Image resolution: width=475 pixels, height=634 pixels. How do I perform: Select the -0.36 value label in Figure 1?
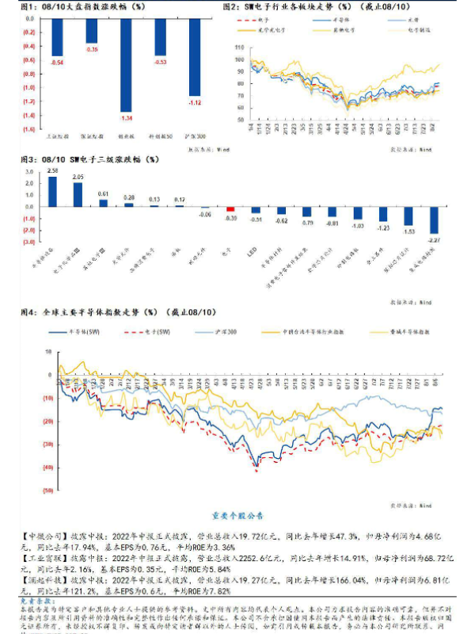click(x=92, y=50)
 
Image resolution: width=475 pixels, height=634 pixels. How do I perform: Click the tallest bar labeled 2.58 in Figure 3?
click(x=53, y=191)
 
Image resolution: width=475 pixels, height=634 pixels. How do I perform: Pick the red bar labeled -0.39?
click(x=230, y=209)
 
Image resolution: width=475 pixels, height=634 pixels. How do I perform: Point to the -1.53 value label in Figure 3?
click(x=408, y=231)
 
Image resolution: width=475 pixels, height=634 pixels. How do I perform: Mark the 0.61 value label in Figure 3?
click(x=104, y=193)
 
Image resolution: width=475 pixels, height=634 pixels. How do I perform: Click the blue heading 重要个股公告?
click(x=237, y=512)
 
